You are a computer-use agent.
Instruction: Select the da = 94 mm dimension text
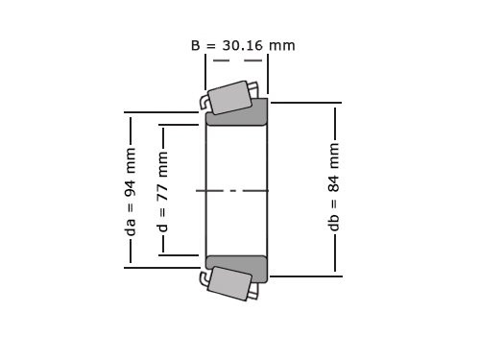coord(132,190)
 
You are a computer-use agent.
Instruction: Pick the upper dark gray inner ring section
coord(237,113)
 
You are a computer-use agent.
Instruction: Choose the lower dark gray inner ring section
coord(237,268)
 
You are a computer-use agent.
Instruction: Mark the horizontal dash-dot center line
coord(236,190)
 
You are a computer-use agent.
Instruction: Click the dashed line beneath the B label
coord(236,60)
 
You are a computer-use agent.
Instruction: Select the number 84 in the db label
coord(334,180)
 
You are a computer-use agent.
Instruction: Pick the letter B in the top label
coord(196,45)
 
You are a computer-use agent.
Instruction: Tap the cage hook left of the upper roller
coord(204,102)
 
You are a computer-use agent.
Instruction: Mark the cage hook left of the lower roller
coord(204,278)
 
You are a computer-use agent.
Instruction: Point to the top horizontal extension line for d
coord(182,125)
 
